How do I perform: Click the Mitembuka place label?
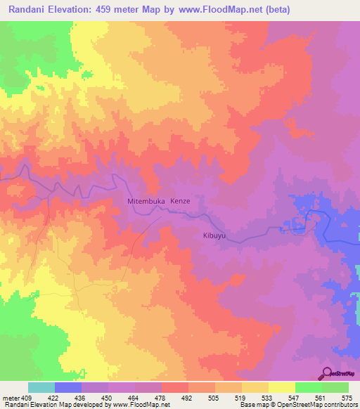click(x=146, y=201)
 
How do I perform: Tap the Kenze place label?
click(x=181, y=201)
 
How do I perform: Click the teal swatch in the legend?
click(x=41, y=387)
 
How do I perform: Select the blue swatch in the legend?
click(x=68, y=387)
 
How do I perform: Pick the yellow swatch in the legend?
click(x=281, y=387)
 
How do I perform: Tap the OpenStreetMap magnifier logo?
click(x=326, y=373)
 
